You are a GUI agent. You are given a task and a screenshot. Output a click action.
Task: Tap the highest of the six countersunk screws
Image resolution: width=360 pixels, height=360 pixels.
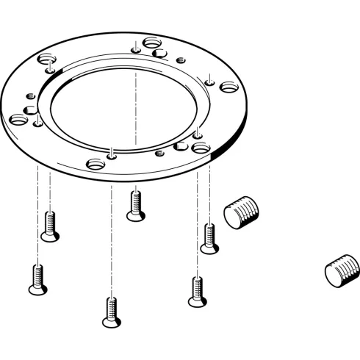tap(134, 204)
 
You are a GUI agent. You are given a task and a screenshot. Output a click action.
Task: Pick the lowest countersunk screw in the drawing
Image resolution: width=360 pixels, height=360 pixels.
tap(110, 312)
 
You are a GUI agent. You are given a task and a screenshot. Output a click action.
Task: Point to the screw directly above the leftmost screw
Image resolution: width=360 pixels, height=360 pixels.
tap(50, 225)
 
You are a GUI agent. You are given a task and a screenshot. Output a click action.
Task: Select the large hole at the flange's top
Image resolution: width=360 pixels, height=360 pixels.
tap(153, 42)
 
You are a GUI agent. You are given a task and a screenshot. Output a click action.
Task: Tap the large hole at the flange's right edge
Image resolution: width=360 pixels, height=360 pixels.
tap(227, 87)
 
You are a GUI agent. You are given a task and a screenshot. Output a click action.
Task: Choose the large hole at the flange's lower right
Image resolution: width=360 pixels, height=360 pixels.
tap(200, 148)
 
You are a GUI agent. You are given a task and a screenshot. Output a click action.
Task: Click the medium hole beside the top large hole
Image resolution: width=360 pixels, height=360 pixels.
tap(160, 52)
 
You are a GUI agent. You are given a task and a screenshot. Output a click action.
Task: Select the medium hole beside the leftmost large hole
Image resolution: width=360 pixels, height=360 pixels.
tap(31, 110)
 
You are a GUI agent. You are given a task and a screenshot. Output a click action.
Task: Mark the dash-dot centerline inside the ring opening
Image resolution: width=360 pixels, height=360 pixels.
tap(137, 110)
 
